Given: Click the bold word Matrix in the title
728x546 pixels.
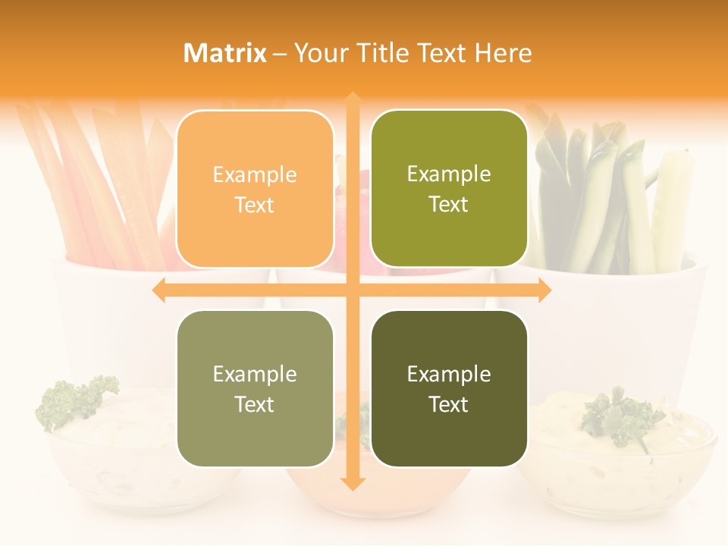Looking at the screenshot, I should (225, 53).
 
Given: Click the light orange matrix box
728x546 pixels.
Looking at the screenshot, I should (255, 189).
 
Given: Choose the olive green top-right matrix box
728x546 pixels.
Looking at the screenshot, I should (449, 189).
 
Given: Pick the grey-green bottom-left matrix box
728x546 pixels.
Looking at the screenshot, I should (255, 388).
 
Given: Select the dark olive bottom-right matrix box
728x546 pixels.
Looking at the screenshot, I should (449, 388).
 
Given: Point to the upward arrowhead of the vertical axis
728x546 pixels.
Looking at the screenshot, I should (353, 99).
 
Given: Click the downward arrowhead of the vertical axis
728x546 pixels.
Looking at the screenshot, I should (353, 483).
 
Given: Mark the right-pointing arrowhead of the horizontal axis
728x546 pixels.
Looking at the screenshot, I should (544, 290).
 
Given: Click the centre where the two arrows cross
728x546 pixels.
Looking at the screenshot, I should (353, 290).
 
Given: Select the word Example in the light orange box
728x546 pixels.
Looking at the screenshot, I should (255, 175).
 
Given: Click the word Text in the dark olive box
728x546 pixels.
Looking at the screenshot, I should (449, 404).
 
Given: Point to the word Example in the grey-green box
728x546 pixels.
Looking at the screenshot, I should (255, 374).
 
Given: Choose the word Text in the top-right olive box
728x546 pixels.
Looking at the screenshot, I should (449, 205).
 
